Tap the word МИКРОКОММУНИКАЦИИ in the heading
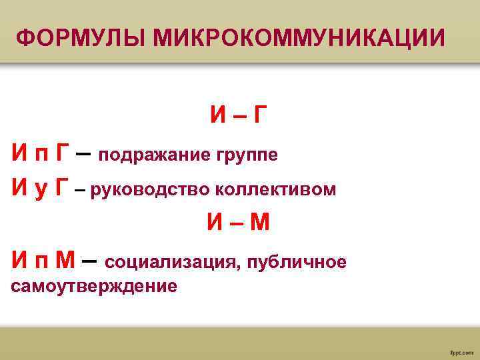[299, 38]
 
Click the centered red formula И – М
[237, 223]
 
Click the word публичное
[297, 262]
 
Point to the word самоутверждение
[94, 287]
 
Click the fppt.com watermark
[461, 349]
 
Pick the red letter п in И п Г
[40, 155]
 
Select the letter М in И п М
[65, 260]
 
